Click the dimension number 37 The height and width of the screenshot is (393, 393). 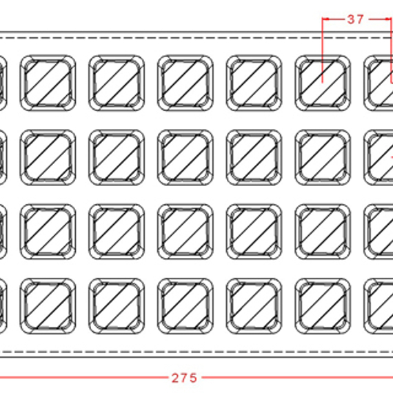(355, 19)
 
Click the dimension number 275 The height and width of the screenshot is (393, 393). (184, 378)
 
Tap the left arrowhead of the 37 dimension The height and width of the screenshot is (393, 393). (325, 19)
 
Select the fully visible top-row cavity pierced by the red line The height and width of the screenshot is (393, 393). (323, 83)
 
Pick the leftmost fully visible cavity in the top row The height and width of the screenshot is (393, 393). (48, 83)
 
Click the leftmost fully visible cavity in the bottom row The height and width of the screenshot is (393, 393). (48, 306)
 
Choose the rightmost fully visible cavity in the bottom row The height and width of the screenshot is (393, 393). (323, 306)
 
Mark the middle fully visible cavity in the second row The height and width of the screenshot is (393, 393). (185, 157)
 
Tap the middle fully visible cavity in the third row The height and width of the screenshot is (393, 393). (185, 232)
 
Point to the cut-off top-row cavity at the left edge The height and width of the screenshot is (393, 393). (3, 83)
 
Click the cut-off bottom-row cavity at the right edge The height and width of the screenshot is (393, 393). (379, 306)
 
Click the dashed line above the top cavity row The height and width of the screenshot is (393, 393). (196, 38)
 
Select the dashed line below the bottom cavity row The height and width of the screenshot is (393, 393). (196, 352)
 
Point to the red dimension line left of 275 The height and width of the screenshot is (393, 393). (84, 377)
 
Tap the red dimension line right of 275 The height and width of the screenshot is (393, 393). (297, 377)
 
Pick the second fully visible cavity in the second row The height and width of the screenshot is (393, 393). (117, 157)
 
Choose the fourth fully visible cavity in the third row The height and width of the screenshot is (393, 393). (254, 232)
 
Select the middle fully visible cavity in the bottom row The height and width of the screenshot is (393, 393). (185, 306)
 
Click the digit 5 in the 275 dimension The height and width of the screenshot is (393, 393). (193, 378)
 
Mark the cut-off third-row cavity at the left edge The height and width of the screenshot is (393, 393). (3, 232)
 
